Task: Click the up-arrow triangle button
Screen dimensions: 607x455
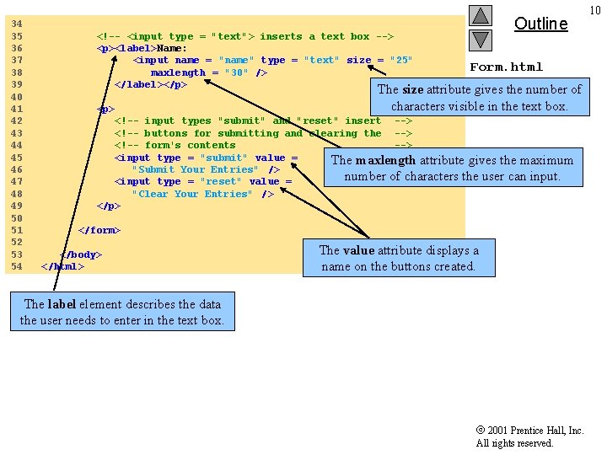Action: coord(481,15)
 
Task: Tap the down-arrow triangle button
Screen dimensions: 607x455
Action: coord(481,40)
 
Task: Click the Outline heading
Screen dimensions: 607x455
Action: coord(540,24)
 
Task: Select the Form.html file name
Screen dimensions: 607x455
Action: coord(507,67)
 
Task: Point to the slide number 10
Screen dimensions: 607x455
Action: coord(595,10)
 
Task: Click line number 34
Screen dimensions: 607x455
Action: coord(17,24)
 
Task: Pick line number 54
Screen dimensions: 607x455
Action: coord(17,266)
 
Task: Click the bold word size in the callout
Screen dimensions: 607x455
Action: coord(412,90)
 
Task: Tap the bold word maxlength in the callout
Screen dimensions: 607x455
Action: coord(385,160)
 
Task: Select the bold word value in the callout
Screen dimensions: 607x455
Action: coord(359,250)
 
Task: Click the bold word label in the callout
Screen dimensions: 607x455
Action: coord(62,304)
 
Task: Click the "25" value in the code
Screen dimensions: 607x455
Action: coord(401,60)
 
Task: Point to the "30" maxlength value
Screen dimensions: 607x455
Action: coord(236,72)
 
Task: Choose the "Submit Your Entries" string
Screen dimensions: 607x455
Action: coord(195,169)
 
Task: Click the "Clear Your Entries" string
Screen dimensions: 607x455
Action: coord(191,194)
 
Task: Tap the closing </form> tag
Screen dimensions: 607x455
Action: coord(99,230)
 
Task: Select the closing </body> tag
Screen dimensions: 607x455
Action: coord(81,254)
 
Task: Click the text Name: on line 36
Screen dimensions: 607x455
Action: coord(171,48)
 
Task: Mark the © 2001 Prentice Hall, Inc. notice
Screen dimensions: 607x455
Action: coord(529,431)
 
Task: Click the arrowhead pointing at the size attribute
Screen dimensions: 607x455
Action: coord(370,67)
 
